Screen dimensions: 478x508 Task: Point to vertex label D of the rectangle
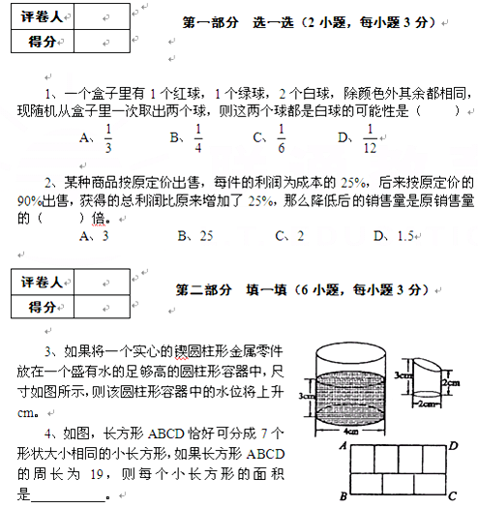453,445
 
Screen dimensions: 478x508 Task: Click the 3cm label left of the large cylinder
306,397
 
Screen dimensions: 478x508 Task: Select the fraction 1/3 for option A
107,139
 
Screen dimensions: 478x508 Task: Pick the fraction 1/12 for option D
370,139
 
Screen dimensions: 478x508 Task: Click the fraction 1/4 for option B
198,139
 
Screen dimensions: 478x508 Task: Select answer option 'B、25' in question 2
194,235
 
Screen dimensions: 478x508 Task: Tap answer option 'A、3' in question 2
94,235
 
